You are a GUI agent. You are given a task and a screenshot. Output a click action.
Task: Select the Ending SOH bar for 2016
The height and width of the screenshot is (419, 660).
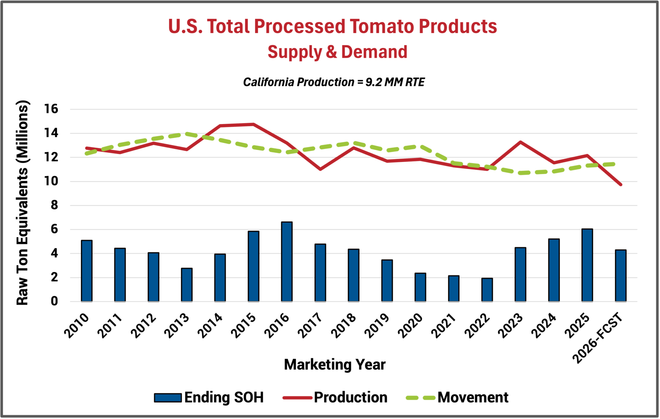(287, 262)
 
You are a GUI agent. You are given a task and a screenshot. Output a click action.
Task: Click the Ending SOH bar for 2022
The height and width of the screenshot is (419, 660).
(487, 290)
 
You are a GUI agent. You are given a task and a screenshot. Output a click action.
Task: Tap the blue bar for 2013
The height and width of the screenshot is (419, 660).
(187, 285)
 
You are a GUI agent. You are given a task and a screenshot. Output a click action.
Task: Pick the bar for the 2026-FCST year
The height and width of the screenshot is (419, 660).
(621, 276)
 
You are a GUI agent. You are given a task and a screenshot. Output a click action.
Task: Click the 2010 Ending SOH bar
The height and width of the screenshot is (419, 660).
(87, 271)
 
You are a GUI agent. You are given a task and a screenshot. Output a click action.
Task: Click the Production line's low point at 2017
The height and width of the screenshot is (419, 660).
(320, 169)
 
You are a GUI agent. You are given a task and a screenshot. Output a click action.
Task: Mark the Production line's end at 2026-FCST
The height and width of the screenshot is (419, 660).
(621, 185)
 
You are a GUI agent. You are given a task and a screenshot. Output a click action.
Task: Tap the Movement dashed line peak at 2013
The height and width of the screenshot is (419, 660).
(187, 134)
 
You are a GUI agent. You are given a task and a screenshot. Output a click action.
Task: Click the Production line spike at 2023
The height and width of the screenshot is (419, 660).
(520, 142)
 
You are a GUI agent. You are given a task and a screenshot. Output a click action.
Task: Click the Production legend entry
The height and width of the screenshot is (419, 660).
(335, 397)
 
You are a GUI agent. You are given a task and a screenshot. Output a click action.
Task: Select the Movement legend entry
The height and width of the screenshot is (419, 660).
(457, 397)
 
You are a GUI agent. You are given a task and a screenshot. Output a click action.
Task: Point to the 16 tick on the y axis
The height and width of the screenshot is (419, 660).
(51, 109)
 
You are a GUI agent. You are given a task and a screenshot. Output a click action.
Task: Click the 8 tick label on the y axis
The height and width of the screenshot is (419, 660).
(54, 205)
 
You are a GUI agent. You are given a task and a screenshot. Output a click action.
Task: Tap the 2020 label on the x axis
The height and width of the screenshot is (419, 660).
(410, 326)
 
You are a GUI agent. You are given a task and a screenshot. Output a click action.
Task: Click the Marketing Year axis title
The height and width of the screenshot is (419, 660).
(335, 365)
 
